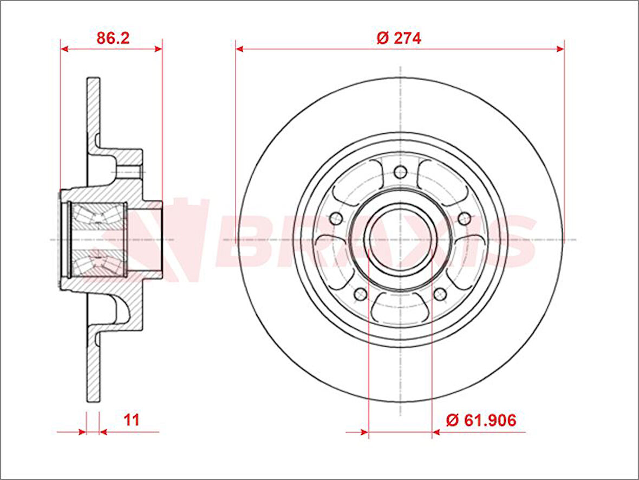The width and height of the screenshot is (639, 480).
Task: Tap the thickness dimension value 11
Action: pyautogui.click(x=132, y=420)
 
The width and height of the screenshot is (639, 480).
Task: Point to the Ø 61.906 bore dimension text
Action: pyautogui.click(x=480, y=420)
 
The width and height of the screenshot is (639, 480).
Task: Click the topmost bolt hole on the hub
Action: pyautogui.click(x=400, y=172)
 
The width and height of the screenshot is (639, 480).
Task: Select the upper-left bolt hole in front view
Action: pyautogui.click(x=336, y=218)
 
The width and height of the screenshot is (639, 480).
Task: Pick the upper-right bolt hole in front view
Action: pyautogui.click(x=464, y=218)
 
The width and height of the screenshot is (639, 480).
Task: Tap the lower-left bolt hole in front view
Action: pyautogui.click(x=361, y=294)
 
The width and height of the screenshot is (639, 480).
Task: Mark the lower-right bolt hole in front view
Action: pyautogui.click(x=440, y=294)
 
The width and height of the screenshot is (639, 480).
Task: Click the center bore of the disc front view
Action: pyautogui.click(x=400, y=239)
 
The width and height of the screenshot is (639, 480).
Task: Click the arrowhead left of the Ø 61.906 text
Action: pyautogui.click(x=436, y=432)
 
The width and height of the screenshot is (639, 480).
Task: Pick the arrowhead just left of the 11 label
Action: pyautogui.click(x=103, y=432)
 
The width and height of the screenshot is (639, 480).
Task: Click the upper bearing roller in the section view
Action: pyautogui.click(x=98, y=217)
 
